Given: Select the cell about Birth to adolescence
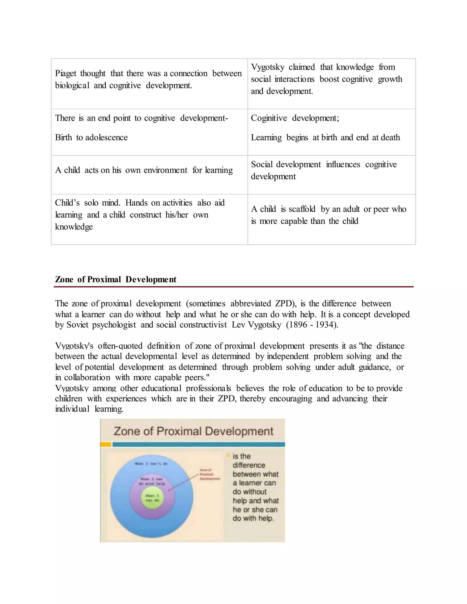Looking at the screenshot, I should point(149,132).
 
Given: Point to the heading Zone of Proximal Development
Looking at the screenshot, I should point(115,279).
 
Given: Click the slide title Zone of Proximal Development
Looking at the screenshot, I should point(193,431).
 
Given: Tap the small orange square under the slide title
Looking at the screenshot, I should point(106,444).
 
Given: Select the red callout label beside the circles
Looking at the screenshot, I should point(209,474).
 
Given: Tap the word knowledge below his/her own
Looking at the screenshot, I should point(74,227).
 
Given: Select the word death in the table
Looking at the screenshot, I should point(390,137).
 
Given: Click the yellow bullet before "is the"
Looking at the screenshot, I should point(228,455).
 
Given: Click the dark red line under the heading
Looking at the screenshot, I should point(233,287).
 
